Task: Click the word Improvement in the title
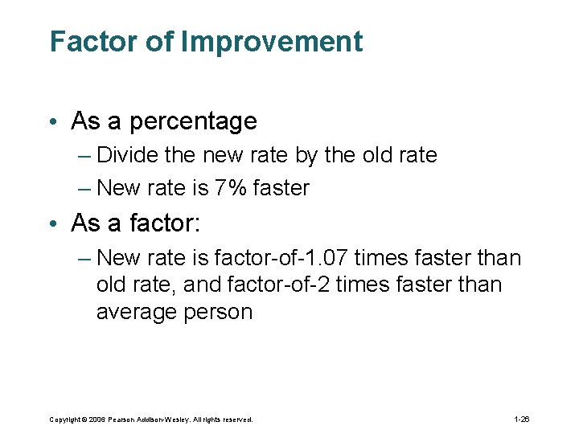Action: (x=272, y=42)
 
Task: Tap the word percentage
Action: (x=193, y=121)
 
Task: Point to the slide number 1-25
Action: (x=520, y=420)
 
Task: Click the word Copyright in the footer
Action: (x=65, y=420)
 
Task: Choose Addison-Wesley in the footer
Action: (x=169, y=420)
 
